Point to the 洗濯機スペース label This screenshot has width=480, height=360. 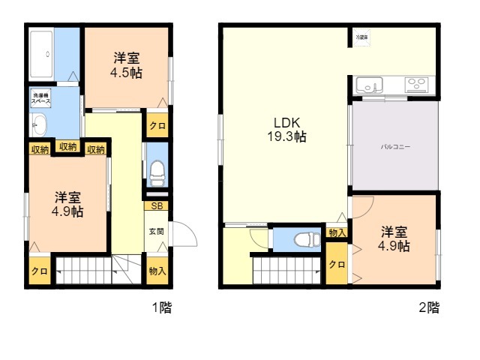[x=40, y=98]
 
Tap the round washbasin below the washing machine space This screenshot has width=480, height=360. [x=39, y=124]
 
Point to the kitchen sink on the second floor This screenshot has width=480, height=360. [x=371, y=84]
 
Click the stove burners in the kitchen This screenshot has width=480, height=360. [x=418, y=84]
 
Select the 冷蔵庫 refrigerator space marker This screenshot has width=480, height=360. [x=361, y=35]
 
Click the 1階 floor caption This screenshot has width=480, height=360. [x=161, y=307]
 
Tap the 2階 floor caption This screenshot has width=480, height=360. [x=428, y=307]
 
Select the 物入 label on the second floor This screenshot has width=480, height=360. [x=337, y=233]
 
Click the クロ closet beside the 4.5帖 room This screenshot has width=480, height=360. [x=157, y=125]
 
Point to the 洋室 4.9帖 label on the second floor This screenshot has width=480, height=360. [x=394, y=238]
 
